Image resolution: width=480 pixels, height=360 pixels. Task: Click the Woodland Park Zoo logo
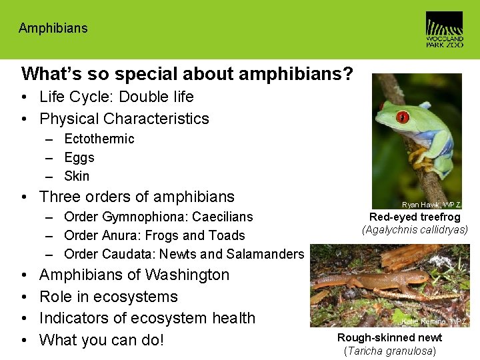pyautogui.click(x=444, y=29)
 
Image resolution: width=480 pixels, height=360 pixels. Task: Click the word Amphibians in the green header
pyautogui.click(x=53, y=28)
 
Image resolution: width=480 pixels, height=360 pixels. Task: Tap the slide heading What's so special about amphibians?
pyautogui.click(x=187, y=73)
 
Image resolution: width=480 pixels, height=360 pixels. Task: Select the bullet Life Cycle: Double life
pyautogui.click(x=116, y=97)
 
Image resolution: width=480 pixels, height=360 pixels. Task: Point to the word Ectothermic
pyautogui.click(x=99, y=139)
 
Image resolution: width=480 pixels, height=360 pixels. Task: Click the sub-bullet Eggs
pyautogui.click(x=79, y=157)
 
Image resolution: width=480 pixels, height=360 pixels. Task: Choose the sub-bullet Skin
pyautogui.click(x=77, y=176)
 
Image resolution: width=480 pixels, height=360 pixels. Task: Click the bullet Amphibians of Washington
pyautogui.click(x=134, y=275)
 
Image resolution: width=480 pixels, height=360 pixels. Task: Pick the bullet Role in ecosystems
pyautogui.click(x=108, y=297)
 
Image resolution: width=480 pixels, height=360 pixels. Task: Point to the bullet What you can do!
pyautogui.click(x=101, y=340)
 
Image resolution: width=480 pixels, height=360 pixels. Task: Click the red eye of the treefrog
pyautogui.click(x=402, y=117)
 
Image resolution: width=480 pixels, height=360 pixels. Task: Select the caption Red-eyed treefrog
pyautogui.click(x=415, y=217)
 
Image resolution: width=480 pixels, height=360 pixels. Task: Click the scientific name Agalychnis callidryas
pyautogui.click(x=415, y=230)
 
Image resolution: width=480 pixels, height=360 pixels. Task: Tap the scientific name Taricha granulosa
pyautogui.click(x=390, y=351)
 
